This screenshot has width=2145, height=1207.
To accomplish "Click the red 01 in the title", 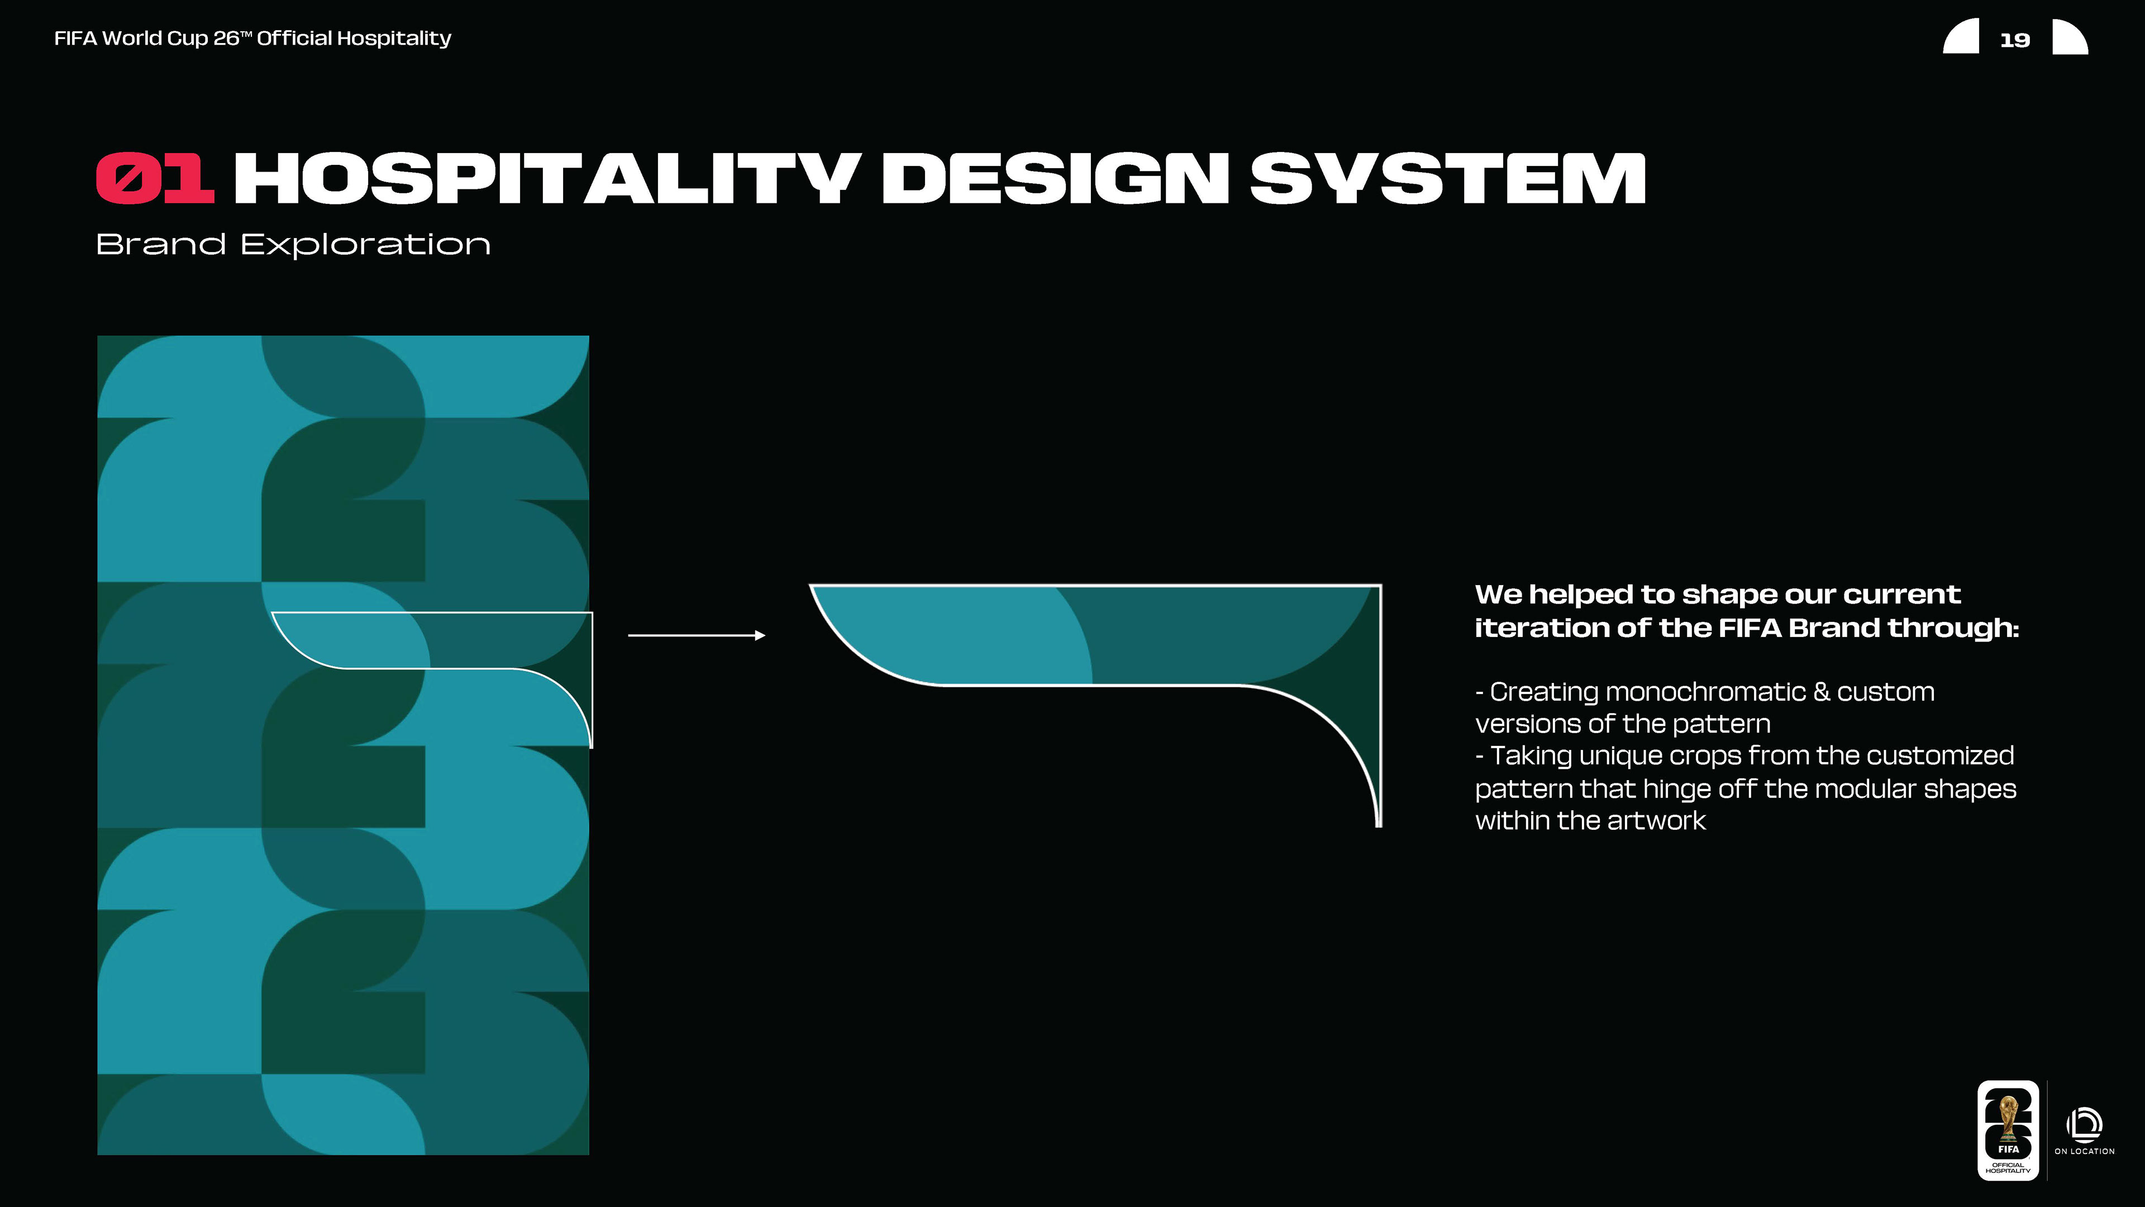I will (x=155, y=178).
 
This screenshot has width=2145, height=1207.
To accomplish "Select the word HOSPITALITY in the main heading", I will (x=547, y=178).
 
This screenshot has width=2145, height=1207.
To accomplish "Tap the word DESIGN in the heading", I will (x=1055, y=178).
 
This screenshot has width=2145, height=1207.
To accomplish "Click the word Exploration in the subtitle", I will (x=365, y=245).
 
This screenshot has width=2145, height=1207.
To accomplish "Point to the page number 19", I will (x=2014, y=40).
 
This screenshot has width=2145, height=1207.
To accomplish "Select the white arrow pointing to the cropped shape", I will (x=696, y=635).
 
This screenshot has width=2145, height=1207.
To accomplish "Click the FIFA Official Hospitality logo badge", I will (x=2008, y=1130).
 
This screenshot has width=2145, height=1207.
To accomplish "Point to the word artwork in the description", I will (x=1656, y=821).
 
